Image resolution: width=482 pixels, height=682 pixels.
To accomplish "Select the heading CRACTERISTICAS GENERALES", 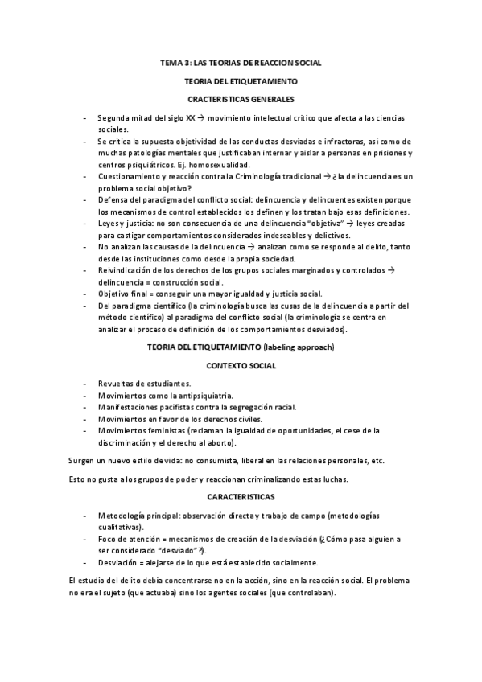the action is [x=241, y=99].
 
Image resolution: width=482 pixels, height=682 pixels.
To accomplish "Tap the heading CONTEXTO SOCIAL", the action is [x=241, y=366].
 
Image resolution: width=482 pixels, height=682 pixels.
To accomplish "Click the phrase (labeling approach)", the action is [x=297, y=347].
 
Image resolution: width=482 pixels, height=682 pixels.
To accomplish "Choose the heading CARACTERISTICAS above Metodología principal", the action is [x=241, y=497].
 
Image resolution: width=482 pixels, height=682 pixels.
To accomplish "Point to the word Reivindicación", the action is [x=126, y=270].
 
